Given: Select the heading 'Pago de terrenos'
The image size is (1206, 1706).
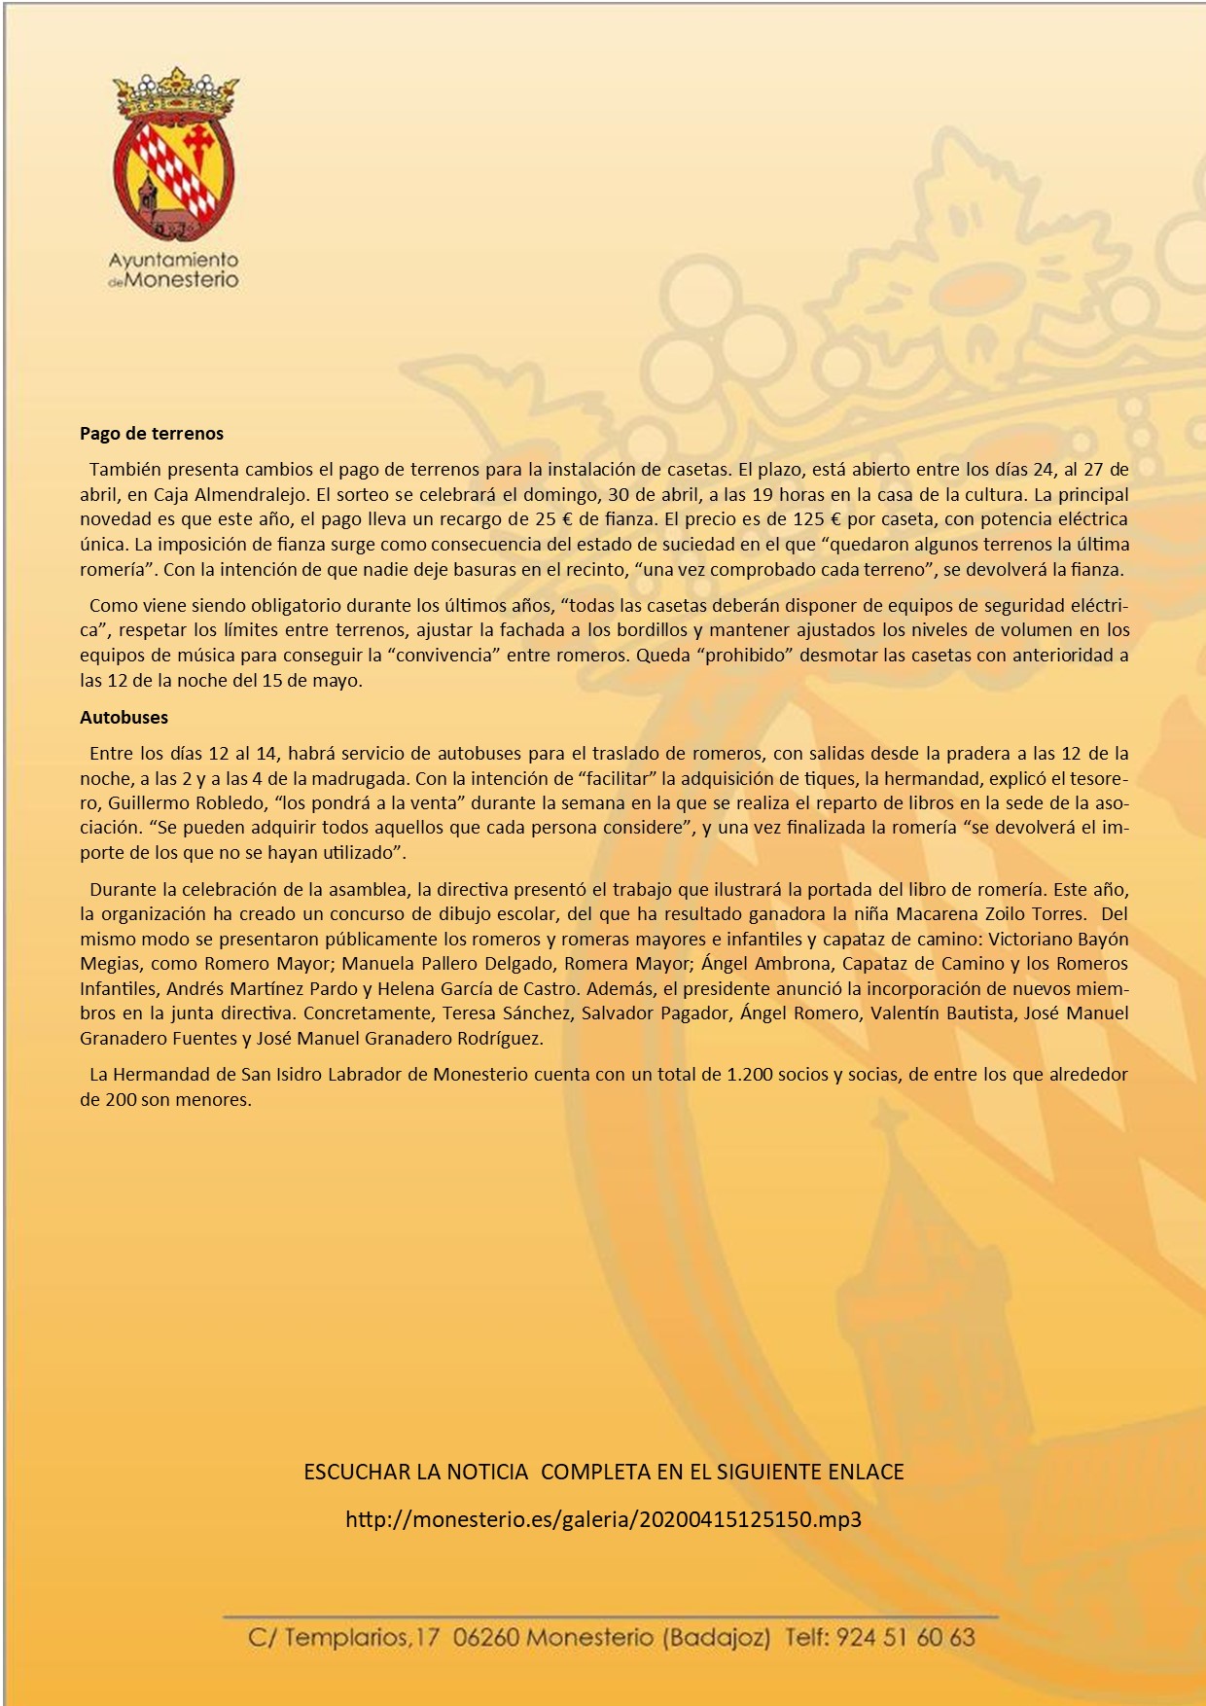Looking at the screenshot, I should coord(152,434).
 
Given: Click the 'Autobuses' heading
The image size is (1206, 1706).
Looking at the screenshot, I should coord(124,718).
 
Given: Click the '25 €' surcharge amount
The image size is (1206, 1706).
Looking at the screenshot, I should coord(552,519).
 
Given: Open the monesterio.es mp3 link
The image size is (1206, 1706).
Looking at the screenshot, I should coord(603,1519).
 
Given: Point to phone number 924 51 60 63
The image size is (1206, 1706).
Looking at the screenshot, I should coord(905,1638).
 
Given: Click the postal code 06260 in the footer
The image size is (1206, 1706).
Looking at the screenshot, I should coord(486,1638).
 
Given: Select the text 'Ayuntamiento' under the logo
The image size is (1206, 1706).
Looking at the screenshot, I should coord(173,260).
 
